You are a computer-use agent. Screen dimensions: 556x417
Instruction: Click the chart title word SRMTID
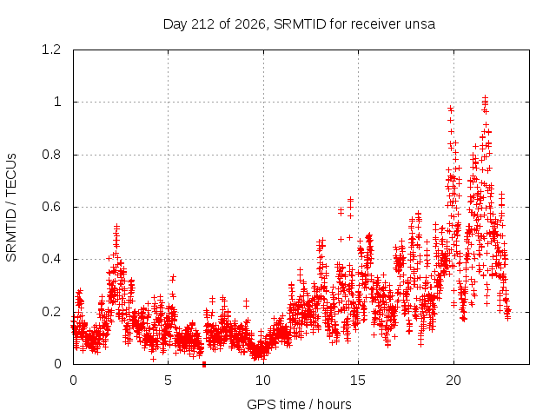tap(300, 24)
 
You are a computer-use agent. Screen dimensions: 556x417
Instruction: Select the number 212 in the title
tap(202, 24)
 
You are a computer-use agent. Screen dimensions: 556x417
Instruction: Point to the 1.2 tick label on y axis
tap(51, 50)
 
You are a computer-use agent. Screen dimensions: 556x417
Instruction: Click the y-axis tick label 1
tap(57, 103)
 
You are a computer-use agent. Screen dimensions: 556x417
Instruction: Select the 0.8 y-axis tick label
tap(51, 155)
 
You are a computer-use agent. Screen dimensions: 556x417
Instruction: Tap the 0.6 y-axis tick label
tap(51, 207)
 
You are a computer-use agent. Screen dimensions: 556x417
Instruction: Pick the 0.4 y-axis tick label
tap(51, 259)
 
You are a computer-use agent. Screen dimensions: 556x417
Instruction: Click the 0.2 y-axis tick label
tap(51, 312)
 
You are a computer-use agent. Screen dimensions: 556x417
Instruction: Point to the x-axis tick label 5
tap(168, 381)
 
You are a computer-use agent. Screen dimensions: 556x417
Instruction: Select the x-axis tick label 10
tap(263, 381)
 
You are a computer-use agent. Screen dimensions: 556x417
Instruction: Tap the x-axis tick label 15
tap(358, 381)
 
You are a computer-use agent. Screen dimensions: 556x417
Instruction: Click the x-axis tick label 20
tap(453, 381)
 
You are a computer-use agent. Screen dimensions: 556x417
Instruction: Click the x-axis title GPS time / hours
tap(299, 405)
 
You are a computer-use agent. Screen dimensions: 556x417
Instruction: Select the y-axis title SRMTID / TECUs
tap(11, 208)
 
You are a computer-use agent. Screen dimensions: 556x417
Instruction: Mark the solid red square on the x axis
tap(204, 365)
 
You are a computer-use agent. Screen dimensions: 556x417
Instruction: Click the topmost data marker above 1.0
tap(485, 97)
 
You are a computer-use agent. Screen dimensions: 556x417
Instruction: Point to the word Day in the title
tap(175, 25)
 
